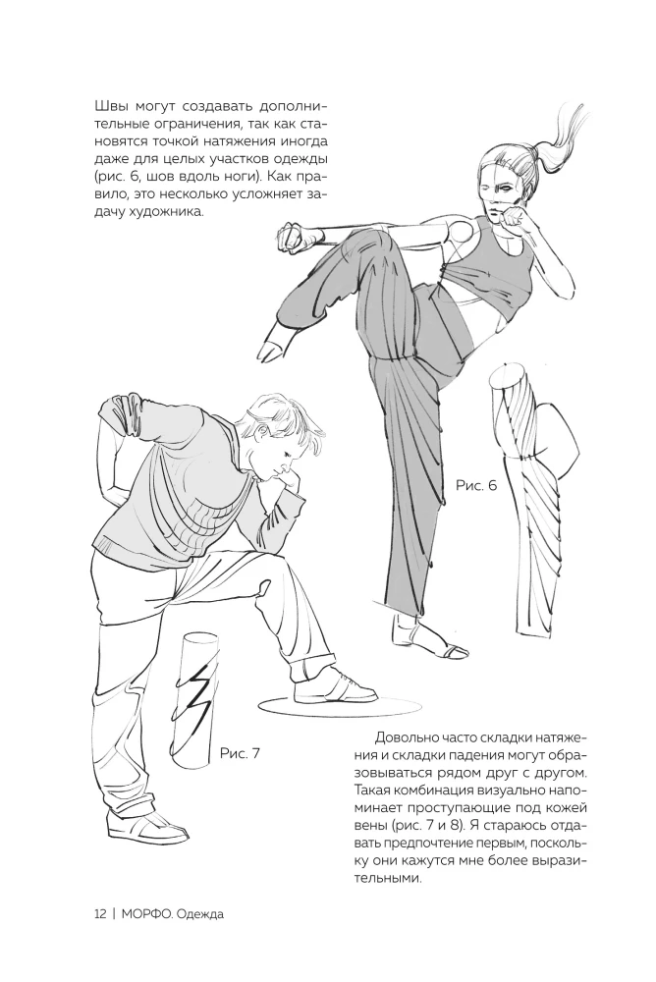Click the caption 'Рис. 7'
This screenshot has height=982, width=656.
(x=240, y=753)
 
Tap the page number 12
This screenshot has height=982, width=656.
(x=100, y=913)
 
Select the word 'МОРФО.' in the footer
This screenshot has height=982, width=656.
(x=148, y=913)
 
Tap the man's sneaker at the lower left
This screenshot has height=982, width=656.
(x=154, y=828)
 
